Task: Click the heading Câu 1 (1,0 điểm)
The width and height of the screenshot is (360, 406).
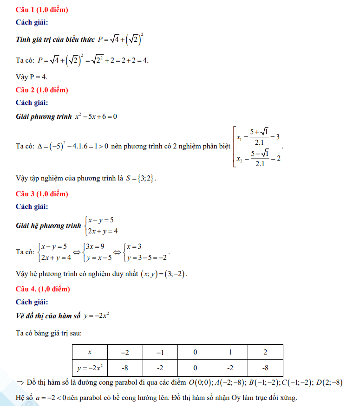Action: coord(42,10)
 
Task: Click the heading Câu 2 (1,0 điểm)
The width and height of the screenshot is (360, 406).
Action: coord(42,90)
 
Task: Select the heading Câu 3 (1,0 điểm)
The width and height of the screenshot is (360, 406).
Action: coord(42,193)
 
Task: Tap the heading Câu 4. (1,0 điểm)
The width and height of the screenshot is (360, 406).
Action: coord(43,289)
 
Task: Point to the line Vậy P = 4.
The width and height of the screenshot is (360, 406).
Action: coord(32,77)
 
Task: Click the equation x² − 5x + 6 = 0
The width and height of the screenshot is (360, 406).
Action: coord(96,116)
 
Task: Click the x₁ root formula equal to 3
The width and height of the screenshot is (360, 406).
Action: coord(258,137)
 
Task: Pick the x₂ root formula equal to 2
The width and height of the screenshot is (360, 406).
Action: coord(258,158)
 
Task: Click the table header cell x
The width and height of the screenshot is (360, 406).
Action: coord(90,352)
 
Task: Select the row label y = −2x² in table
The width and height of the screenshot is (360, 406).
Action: coord(90,368)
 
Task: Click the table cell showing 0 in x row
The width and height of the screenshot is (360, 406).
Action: coord(195,352)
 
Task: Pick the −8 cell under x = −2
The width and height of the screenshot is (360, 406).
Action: coord(125,368)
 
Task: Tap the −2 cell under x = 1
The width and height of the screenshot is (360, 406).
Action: coord(230,368)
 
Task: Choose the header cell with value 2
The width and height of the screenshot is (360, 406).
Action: coord(265,352)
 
